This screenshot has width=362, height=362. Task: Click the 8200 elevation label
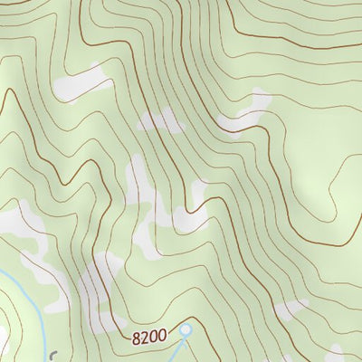click(x=149, y=337)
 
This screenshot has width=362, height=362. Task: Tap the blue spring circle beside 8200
click(x=186, y=331)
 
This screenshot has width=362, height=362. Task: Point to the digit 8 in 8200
click(x=136, y=337)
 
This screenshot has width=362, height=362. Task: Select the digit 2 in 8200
click(x=145, y=337)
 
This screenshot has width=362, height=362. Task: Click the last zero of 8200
click(x=162, y=337)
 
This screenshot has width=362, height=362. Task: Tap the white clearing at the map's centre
click(x=186, y=214)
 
